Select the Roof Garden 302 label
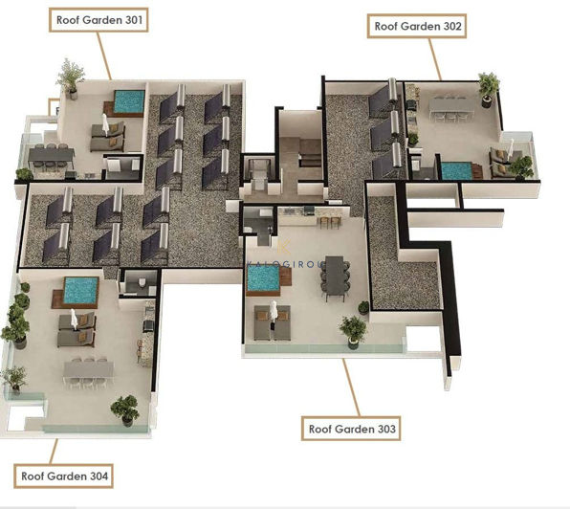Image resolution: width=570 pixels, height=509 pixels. (417, 27)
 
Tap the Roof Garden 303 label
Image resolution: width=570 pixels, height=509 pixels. (352, 429)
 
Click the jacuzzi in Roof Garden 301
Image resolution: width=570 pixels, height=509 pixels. (128, 100)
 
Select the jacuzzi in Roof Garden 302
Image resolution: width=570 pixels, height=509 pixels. (456, 170)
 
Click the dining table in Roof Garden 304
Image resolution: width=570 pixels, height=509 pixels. (89, 368)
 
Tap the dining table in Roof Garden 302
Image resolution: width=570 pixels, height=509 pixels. (448, 105)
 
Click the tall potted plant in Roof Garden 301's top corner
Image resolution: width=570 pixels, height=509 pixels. (70, 75)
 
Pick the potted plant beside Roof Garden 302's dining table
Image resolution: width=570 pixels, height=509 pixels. (489, 86)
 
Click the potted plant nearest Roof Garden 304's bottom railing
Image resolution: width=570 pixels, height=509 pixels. (124, 409)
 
